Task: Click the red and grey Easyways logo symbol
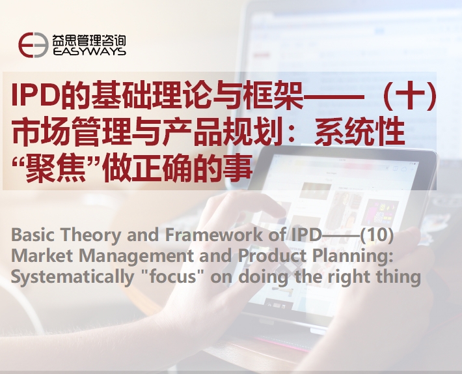coord(33,45)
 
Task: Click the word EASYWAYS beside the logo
coord(90,51)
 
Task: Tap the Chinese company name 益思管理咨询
coord(89,40)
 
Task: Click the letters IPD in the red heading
coord(34,95)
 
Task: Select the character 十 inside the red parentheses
coord(409,94)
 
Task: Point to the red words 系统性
coord(360,131)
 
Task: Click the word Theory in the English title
coord(90,235)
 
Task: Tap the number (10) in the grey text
coord(377,235)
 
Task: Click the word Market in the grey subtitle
coord(42,255)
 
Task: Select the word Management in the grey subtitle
coord(136,257)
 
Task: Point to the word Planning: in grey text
coord(353,257)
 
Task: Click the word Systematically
coord(72,278)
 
